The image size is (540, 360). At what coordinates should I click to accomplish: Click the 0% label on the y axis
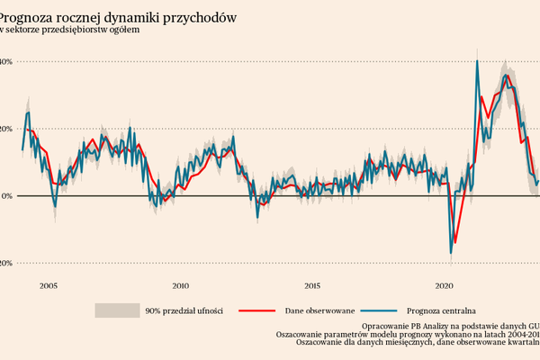click(x=5, y=196)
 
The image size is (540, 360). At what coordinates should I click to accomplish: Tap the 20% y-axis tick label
click(x=4, y=129)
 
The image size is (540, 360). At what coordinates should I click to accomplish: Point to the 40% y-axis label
click(x=4, y=62)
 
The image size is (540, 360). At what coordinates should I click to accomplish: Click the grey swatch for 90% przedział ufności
click(x=115, y=310)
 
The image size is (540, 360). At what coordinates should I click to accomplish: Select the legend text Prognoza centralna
click(x=441, y=310)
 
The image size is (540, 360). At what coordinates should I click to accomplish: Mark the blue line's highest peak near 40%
click(x=476, y=61)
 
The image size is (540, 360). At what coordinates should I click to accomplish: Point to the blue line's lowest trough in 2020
click(x=451, y=254)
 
